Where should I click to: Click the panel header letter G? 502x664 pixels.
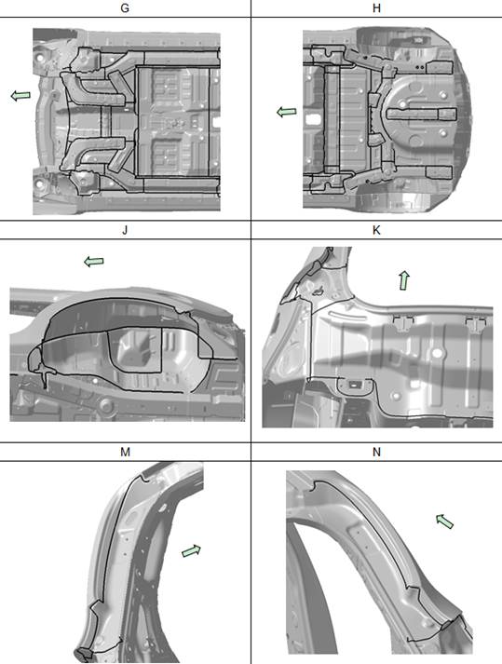pyautogui.click(x=125, y=8)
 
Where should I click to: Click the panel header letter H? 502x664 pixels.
pyautogui.click(x=376, y=8)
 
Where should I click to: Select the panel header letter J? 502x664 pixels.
pyautogui.click(x=125, y=230)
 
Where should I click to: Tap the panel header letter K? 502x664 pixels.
pyautogui.click(x=376, y=230)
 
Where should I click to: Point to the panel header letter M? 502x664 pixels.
pyautogui.click(x=125, y=452)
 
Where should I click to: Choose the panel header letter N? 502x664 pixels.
pyautogui.click(x=376, y=452)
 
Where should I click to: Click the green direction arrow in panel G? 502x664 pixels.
pyautogui.click(x=20, y=96)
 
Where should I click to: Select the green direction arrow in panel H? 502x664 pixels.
pyautogui.click(x=286, y=112)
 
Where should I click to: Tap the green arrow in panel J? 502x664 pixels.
pyautogui.click(x=94, y=262)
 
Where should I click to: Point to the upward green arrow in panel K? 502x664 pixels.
pyautogui.click(x=404, y=280)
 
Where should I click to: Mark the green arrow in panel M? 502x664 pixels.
pyautogui.click(x=191, y=550)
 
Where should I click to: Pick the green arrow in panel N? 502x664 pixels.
pyautogui.click(x=445, y=522)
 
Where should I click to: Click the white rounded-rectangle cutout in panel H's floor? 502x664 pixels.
pyautogui.click(x=313, y=119)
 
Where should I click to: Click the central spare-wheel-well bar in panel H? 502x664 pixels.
pyautogui.click(x=422, y=114)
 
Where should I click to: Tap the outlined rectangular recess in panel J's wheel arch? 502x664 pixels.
pyautogui.click(x=135, y=350)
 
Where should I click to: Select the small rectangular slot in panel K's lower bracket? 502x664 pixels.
pyautogui.click(x=353, y=385)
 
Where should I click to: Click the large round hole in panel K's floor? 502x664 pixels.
pyautogui.click(x=437, y=352)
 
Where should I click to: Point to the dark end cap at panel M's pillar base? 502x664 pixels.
pyautogui.click(x=84, y=655)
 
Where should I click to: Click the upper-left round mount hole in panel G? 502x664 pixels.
pyautogui.click(x=39, y=58)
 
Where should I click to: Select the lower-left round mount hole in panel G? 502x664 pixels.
pyautogui.click(x=39, y=184)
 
